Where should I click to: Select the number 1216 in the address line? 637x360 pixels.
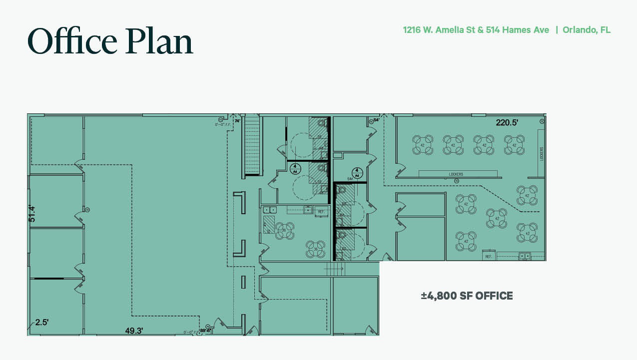coord(413,30)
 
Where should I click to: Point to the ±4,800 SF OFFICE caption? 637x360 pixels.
coord(467,296)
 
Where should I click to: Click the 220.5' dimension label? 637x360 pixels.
coord(508,122)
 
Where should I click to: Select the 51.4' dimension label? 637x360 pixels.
coord(32,213)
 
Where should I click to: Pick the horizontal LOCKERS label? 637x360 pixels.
coord(456,174)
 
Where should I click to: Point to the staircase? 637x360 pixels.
coord(253,145)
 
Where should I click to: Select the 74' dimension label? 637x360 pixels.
coord(237,121)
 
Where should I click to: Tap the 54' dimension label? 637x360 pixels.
coord(376,120)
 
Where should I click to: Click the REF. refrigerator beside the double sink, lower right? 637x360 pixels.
coord(488,256)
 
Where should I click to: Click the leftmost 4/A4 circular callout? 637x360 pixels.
coord(295,168)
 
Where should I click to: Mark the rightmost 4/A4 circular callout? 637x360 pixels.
coord(358,172)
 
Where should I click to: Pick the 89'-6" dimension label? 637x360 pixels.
coord(204,330)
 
